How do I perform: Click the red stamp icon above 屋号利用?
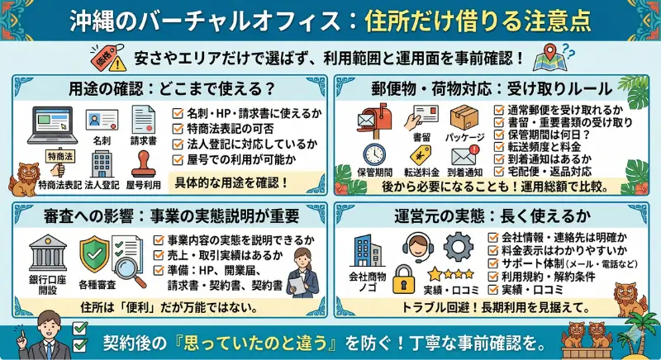(143, 162)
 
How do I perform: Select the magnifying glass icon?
(126, 266)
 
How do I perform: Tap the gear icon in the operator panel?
(457, 248)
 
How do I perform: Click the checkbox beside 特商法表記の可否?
(178, 127)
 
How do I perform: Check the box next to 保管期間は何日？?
(500, 134)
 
